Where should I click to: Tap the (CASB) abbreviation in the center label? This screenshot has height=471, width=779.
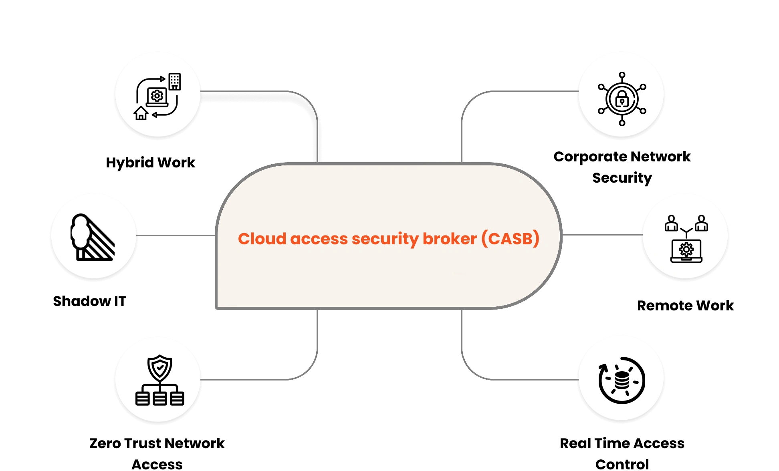tap(510, 239)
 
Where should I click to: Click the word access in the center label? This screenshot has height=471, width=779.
tap(319, 239)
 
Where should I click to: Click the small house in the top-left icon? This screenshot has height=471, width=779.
tap(141, 113)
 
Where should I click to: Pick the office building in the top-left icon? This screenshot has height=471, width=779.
tap(175, 82)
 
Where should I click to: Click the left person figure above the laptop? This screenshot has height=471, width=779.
tap(671, 223)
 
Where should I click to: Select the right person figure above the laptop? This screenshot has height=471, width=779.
tap(701, 223)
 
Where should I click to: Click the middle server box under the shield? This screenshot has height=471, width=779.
tap(160, 399)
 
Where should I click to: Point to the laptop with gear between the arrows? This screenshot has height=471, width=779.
tap(157, 97)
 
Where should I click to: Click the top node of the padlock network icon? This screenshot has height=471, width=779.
tap(622, 74)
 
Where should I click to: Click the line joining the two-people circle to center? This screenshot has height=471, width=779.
tap(601, 235)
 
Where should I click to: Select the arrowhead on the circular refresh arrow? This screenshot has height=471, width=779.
tap(602, 367)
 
